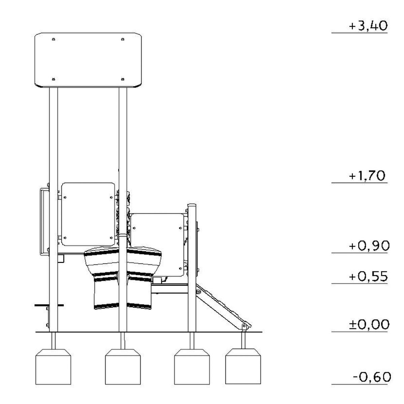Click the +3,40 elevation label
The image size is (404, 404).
368,26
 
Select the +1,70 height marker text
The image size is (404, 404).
367,176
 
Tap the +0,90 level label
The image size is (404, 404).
369,246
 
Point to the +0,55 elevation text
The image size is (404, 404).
368,276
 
